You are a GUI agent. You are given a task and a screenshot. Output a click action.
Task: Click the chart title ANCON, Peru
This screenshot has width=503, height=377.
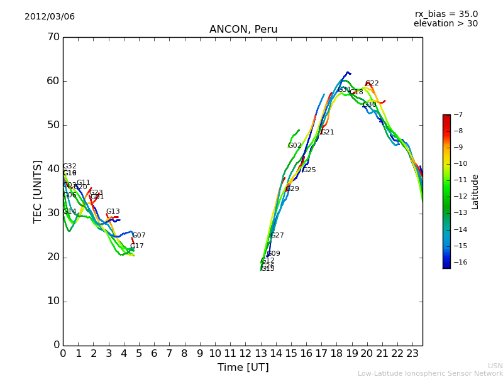pyautogui.click(x=243, y=30)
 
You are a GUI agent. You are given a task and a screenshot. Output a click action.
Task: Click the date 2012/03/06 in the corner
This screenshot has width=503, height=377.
pyautogui.click(x=50, y=16)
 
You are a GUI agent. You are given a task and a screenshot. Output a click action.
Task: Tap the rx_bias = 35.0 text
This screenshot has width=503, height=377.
pyautogui.click(x=446, y=14)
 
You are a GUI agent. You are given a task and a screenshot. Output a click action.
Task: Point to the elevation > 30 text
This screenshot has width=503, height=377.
pyautogui.click(x=445, y=23)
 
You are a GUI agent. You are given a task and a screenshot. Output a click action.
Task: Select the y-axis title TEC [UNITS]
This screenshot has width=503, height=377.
pyautogui.click(x=38, y=191)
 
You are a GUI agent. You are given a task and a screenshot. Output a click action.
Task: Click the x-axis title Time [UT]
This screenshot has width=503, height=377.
pyautogui.click(x=243, y=367)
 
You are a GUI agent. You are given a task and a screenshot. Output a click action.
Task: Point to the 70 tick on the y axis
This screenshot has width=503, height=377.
pyautogui.click(x=53, y=37)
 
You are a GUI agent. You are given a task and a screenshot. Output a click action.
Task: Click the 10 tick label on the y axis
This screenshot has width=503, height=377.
pyautogui.click(x=53, y=301)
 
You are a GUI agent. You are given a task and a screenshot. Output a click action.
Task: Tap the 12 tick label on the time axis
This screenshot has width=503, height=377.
pyautogui.click(x=245, y=354)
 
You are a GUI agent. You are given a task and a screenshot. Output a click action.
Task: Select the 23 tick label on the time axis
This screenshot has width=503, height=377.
pyautogui.click(x=412, y=354)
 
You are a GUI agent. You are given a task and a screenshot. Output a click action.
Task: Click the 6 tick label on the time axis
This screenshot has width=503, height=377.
pyautogui.click(x=154, y=354)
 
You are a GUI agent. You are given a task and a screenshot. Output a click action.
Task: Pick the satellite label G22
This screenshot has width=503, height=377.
pyautogui.click(x=372, y=84)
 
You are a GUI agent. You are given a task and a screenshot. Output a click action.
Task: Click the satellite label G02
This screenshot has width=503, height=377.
pyautogui.click(x=294, y=146)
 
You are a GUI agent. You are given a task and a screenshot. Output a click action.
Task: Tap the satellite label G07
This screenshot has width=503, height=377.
pyautogui.click(x=138, y=236)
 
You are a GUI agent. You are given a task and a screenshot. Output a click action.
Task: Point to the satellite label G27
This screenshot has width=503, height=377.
pyautogui.click(x=277, y=236)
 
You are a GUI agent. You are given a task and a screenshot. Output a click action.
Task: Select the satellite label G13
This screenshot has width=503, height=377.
pyautogui.click(x=113, y=212)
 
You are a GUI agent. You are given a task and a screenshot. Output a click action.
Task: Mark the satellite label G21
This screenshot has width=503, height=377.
pyautogui.click(x=327, y=133)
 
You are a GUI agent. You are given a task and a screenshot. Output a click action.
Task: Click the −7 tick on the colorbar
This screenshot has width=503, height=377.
pyautogui.click(x=457, y=114)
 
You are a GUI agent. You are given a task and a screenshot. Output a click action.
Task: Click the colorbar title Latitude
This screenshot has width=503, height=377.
pyautogui.click(x=475, y=192)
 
